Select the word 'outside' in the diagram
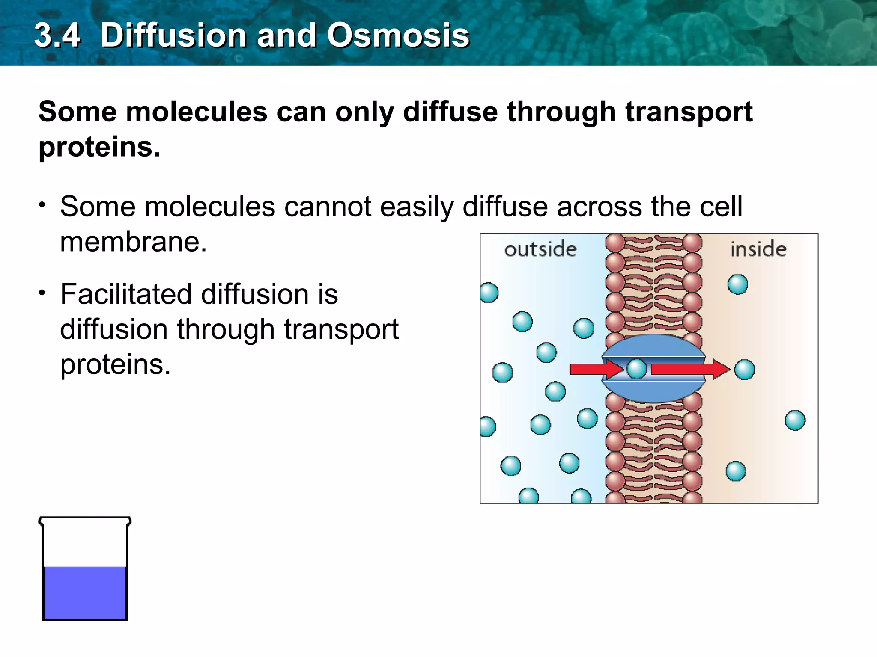(540, 249)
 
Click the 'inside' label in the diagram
(758, 249)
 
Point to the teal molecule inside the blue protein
(636, 369)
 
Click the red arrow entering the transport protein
(595, 369)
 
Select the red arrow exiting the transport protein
(689, 369)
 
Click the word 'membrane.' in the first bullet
(133, 242)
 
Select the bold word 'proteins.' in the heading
(99, 147)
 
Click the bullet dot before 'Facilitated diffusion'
(42, 293)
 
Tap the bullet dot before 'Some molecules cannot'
(42, 205)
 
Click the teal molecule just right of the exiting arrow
(744, 370)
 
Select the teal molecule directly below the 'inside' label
(737, 284)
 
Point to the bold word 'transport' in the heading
(689, 112)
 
